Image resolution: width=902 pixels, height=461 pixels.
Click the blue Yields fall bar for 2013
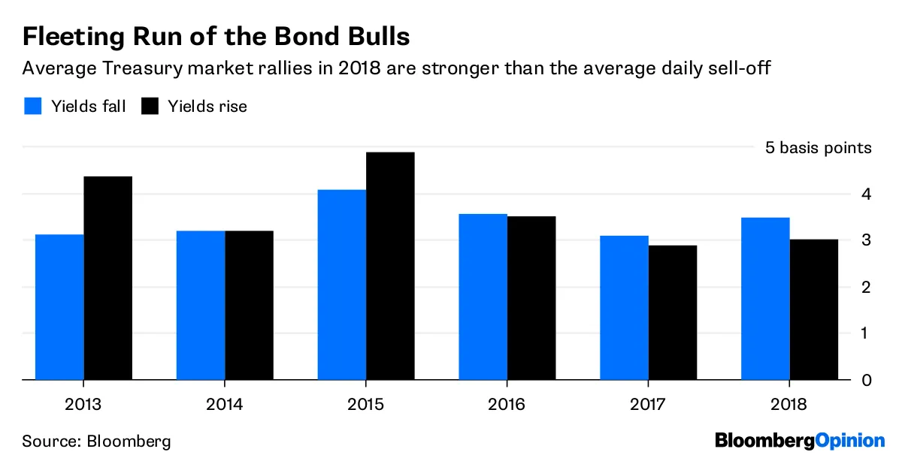[59, 307]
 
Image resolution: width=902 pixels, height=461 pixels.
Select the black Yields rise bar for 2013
[107, 278]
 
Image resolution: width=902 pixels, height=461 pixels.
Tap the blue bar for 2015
[342, 285]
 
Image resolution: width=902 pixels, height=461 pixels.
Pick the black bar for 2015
[390, 266]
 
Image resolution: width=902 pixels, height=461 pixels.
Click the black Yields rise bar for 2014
[249, 305]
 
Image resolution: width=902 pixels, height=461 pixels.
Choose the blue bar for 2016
[483, 297]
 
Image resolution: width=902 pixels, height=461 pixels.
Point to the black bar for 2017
[673, 312]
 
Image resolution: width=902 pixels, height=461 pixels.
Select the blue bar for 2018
[766, 298]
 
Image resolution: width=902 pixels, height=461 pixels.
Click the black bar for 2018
[814, 309]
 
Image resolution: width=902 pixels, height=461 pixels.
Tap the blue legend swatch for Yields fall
[32, 106]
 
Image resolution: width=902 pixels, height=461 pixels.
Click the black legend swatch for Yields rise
[150, 106]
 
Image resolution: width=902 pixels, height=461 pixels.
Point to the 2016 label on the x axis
[507, 405]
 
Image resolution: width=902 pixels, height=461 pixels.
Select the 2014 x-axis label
[225, 405]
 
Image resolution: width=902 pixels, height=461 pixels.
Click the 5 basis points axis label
[819, 148]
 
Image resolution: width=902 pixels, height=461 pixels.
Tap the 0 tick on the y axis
[867, 380]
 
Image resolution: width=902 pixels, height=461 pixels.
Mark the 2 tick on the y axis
[867, 288]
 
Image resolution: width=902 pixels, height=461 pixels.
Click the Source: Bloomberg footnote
[96, 441]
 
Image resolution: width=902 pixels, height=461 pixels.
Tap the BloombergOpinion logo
[800, 440]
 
